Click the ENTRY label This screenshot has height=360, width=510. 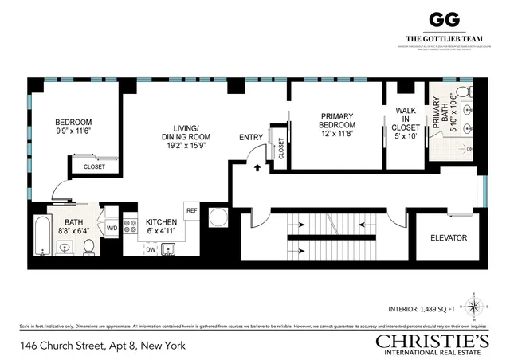point(251,138)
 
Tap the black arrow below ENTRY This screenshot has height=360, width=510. point(257,168)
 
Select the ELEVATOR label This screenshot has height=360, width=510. point(448,238)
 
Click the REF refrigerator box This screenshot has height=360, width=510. point(191,210)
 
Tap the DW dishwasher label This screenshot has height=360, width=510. point(151,249)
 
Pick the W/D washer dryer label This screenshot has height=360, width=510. point(112,228)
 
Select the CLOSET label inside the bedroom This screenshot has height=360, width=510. point(95,167)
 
